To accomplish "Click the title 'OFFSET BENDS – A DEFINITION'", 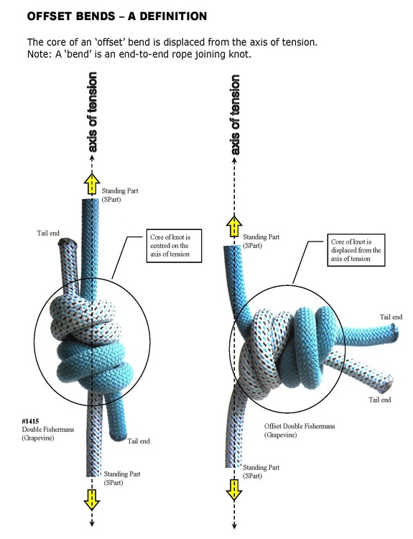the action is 117,16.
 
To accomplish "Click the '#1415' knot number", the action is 31,420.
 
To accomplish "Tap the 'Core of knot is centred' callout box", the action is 174,246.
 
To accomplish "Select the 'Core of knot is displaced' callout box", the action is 356,250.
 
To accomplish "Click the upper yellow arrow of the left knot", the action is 92,184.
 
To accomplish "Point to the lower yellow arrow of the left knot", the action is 92,499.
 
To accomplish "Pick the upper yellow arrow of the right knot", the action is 234,226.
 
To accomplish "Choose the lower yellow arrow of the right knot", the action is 234,490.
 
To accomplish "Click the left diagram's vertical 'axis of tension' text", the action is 92,112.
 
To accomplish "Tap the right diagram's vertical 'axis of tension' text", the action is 234,115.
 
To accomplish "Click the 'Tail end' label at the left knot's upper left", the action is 48,233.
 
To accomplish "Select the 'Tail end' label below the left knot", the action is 139,441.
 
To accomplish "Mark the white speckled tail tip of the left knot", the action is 68,242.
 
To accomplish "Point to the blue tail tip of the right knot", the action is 395,332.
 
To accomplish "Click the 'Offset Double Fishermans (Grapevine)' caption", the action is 300,430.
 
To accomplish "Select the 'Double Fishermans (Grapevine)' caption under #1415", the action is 47,433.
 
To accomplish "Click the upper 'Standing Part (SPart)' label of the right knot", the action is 261,241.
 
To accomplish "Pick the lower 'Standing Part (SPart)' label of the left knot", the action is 122,478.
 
